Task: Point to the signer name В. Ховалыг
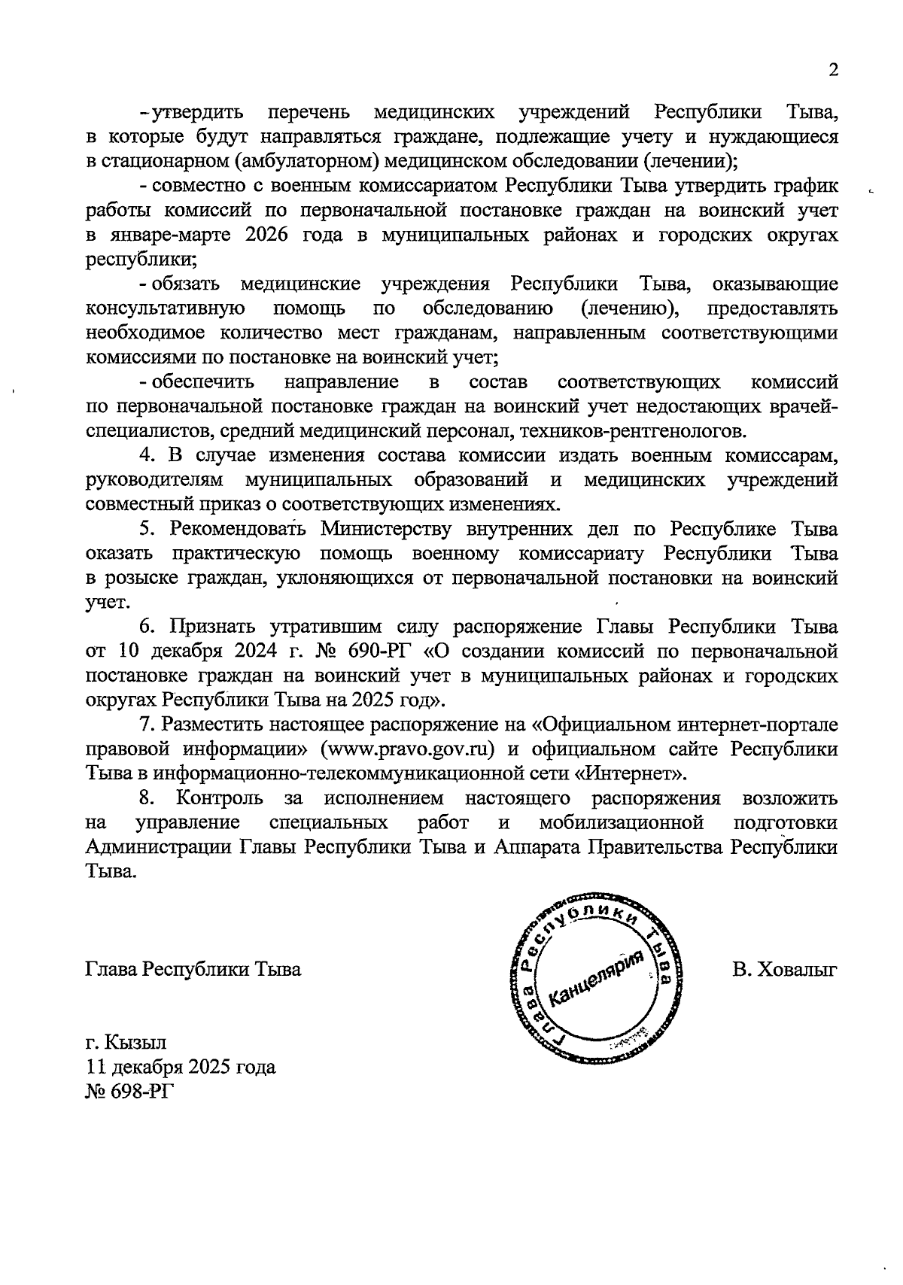click(x=785, y=970)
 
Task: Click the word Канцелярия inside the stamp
click(x=598, y=978)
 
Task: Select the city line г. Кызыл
click(x=126, y=1043)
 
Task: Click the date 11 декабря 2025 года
click(x=181, y=1067)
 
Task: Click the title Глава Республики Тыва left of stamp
click(x=193, y=970)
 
